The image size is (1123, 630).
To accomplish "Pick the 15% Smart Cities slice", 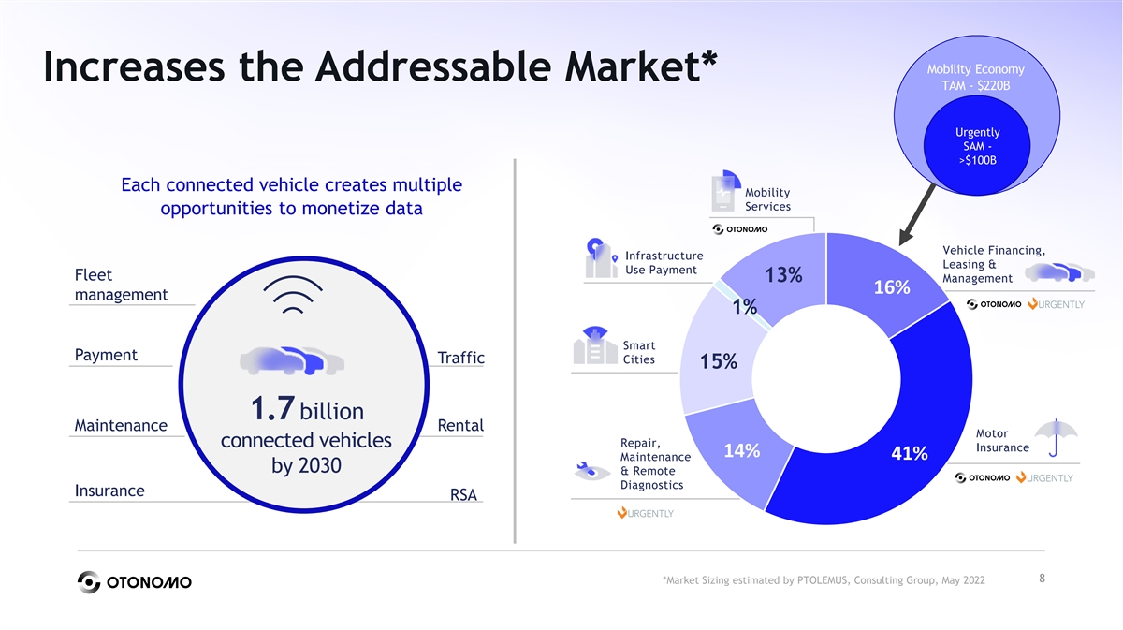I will [x=719, y=361].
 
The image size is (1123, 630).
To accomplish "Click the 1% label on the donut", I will [x=745, y=307].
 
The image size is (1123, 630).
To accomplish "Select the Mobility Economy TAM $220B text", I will [x=976, y=78].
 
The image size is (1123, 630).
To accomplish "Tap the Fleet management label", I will [x=120, y=286].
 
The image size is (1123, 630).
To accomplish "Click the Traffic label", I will [x=460, y=359].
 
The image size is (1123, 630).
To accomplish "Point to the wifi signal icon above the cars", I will [x=294, y=299].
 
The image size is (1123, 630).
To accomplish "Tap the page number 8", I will [x=1042, y=579].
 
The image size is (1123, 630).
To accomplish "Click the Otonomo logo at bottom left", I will [x=134, y=581].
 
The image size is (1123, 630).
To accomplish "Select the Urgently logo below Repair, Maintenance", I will [x=645, y=513].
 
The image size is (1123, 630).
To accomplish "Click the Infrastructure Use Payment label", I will [x=663, y=263].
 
